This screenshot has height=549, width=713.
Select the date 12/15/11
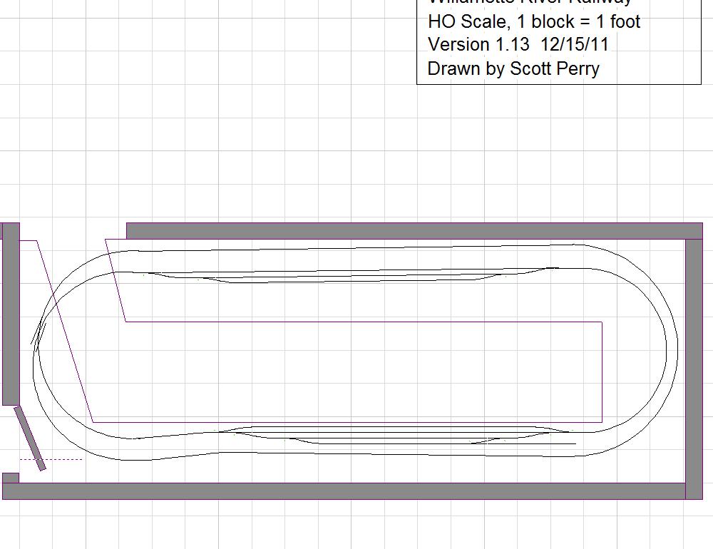[x=575, y=44]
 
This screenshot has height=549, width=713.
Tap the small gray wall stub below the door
[x=10, y=477]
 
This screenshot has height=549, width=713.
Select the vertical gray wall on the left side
[x=10, y=314]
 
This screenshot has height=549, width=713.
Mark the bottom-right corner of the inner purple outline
[x=602, y=422]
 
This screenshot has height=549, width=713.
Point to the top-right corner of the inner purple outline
[x=602, y=322]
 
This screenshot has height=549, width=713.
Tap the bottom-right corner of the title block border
[x=701, y=84]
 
